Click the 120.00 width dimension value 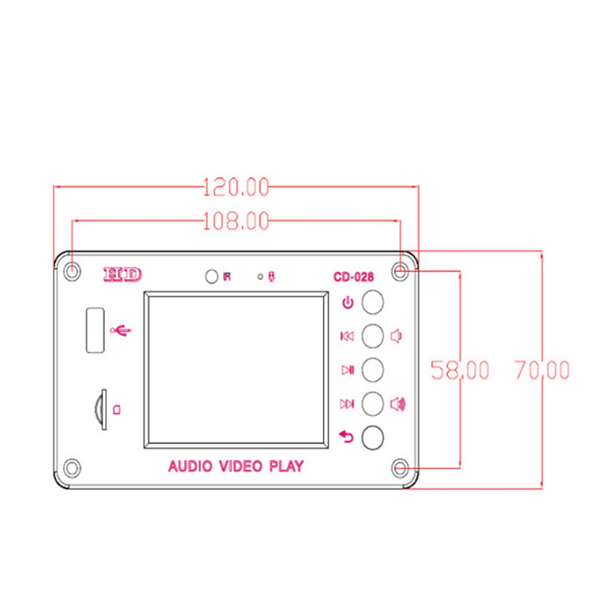click(x=236, y=187)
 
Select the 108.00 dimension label click(x=236, y=221)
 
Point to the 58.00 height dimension click(x=460, y=370)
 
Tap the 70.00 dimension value click(x=542, y=370)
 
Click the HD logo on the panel click(x=123, y=275)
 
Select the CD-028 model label click(x=353, y=277)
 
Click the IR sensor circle click(x=211, y=277)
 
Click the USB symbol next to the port click(x=121, y=330)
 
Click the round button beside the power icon click(x=373, y=302)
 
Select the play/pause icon click(x=348, y=370)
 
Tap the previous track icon click(x=347, y=337)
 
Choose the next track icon click(x=347, y=404)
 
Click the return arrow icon click(x=346, y=436)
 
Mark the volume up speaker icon click(x=397, y=404)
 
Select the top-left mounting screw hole click(x=72, y=271)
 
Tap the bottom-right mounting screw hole click(x=400, y=469)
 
